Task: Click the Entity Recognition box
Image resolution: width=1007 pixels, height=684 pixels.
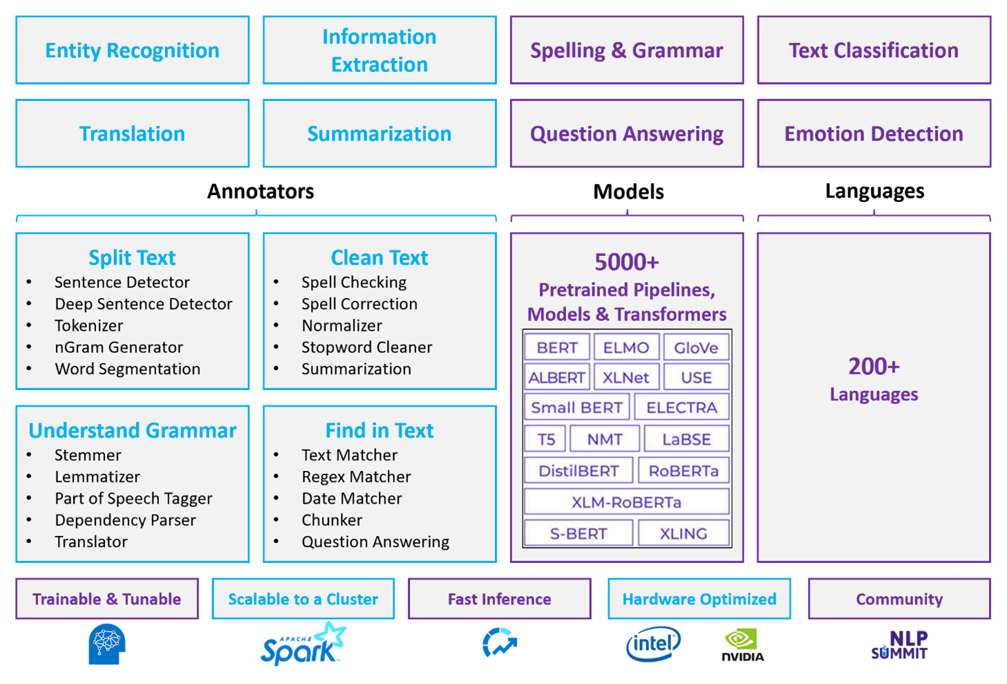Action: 132,50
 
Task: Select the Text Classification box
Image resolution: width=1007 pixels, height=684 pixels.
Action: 874,50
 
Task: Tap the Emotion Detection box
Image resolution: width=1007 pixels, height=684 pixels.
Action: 874,133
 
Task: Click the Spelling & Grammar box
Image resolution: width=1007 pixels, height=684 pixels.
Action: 626,50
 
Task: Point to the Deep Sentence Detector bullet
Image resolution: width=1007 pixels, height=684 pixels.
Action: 143,304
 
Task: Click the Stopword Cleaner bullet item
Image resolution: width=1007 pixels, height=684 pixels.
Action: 366,347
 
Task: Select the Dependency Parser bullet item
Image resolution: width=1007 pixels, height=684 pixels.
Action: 125,520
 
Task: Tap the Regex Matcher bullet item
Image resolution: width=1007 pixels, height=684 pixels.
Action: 356,477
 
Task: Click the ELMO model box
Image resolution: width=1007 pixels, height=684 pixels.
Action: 625,348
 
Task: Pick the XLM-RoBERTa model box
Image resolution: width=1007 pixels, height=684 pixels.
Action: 626,502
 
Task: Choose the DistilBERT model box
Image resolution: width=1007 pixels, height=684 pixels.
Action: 578,471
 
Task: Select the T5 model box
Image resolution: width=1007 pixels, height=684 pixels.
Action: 545,439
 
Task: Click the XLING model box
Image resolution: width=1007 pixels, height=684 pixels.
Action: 683,533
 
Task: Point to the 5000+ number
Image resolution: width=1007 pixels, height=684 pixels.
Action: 626,262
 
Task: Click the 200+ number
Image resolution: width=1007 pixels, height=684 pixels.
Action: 874,366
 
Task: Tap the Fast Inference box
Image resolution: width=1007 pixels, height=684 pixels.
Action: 499,599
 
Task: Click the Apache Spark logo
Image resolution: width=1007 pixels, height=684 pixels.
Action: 303,645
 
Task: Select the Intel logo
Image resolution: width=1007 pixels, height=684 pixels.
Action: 653,645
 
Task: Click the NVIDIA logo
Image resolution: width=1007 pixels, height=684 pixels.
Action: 742,645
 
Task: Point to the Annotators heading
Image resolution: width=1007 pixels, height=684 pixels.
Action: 261,192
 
